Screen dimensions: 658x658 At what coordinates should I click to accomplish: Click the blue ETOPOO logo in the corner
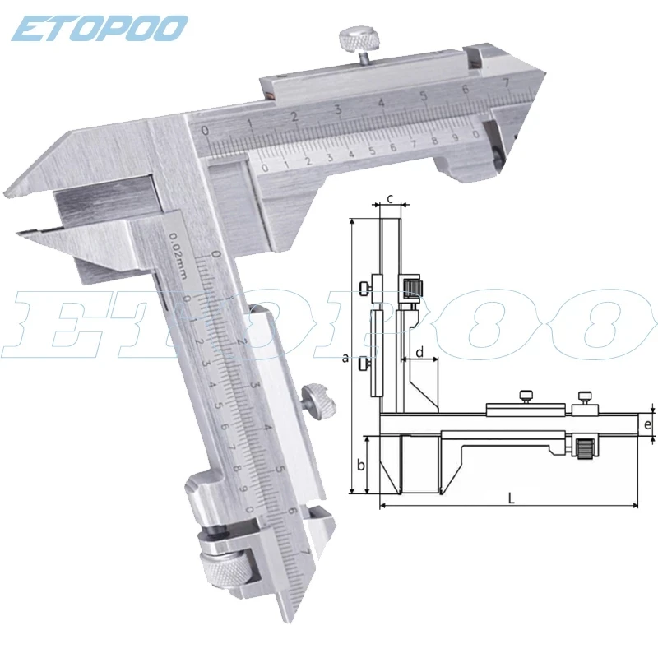(99, 28)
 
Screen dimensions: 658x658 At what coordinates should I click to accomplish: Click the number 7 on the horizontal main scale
(506, 83)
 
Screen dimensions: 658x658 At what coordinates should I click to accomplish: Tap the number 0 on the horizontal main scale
(206, 130)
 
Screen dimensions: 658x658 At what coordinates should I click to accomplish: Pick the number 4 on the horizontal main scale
(381, 103)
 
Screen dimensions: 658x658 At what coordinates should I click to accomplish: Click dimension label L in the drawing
(512, 497)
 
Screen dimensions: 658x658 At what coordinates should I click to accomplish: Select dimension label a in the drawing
(345, 357)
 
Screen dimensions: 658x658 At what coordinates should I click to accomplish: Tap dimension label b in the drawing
(359, 465)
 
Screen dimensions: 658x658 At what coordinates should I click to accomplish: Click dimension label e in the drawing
(648, 425)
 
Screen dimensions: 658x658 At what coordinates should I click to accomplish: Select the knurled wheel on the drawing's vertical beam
(413, 286)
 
